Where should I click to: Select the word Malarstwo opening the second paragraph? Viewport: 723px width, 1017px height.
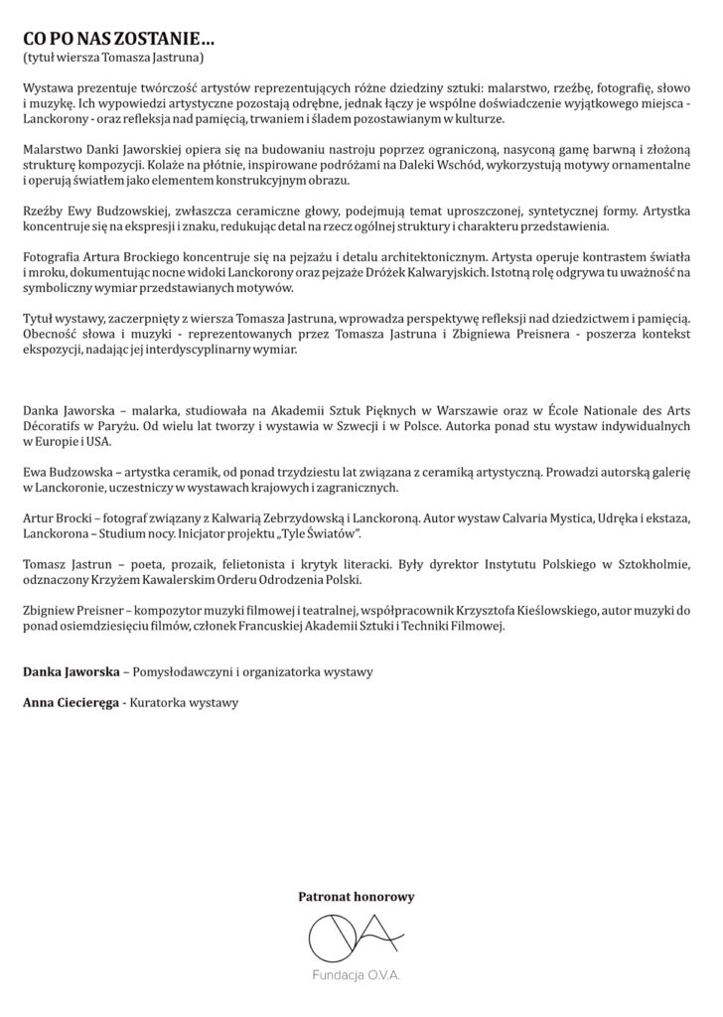51,148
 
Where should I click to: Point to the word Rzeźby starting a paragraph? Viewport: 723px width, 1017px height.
43,212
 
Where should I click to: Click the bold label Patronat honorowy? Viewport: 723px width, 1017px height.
357,897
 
